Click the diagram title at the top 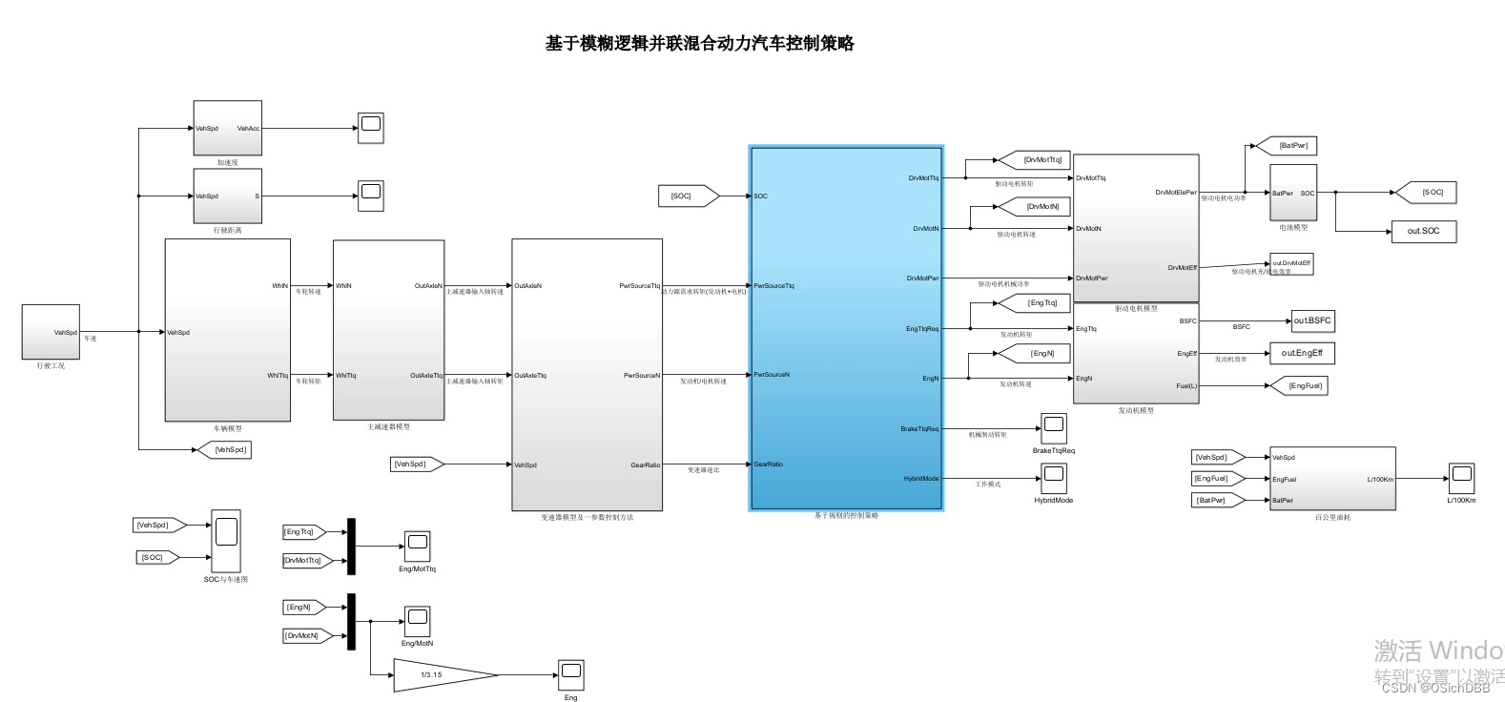699,43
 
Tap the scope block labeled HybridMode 1053,476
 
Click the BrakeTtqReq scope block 1053,427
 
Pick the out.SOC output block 1423,231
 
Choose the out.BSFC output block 1312,320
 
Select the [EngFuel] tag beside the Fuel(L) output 1304,385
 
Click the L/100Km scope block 1461,478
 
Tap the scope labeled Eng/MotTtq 417,547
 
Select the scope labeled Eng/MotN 417,621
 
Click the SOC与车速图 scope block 226,540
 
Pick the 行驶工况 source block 52,332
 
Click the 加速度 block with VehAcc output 227,128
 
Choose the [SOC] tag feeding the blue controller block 683,196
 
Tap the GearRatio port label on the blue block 769,465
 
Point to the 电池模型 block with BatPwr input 1292,193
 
